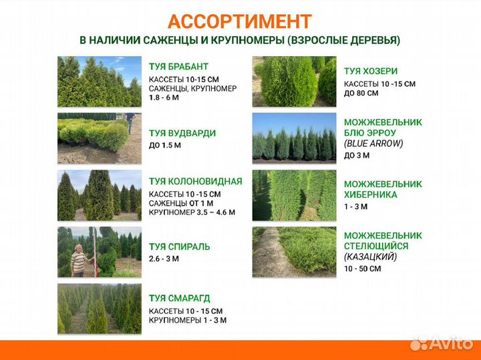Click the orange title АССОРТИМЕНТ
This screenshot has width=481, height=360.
[x=239, y=21]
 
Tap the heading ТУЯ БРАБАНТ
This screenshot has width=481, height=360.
[x=178, y=67]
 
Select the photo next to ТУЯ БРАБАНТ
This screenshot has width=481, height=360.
[x=100, y=81]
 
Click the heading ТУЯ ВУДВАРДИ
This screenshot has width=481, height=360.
[x=182, y=133]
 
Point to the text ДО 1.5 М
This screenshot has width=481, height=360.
[x=165, y=145]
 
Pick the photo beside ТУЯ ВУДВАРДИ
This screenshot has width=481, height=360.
[x=100, y=138]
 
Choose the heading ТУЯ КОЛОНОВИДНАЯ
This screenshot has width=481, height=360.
[x=195, y=181]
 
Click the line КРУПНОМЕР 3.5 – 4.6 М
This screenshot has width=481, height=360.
[x=192, y=212]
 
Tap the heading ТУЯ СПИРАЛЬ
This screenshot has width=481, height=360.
[x=179, y=246]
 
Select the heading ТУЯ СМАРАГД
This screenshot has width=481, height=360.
[x=180, y=299]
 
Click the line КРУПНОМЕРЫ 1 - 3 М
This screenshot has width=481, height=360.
[x=187, y=320]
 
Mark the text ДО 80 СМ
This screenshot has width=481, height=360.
[x=361, y=93]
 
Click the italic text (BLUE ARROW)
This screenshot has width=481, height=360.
[x=374, y=143]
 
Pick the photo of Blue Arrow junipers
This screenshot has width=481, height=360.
[x=294, y=138]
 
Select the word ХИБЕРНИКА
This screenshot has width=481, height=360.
[x=371, y=194]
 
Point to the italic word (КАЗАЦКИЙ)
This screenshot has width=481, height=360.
[x=371, y=256]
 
